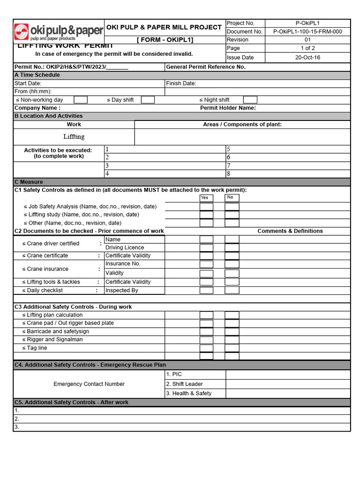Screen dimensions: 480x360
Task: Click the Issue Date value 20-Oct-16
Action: pos(307,58)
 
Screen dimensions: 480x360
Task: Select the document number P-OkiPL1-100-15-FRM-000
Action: pos(307,32)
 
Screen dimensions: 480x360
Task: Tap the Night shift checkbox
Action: pos(250,100)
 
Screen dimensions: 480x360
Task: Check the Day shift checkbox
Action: pos(148,100)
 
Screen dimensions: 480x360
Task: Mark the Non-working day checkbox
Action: pos(81,100)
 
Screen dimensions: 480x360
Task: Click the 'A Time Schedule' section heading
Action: pos(37,75)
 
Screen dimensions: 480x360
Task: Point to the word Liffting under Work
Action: pos(74,137)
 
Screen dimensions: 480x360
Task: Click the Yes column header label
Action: pos(204,198)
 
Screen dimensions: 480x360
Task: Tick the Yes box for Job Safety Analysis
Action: pos(206,207)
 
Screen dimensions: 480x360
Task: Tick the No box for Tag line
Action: pos(232,348)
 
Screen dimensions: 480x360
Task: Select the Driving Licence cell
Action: pos(125,247)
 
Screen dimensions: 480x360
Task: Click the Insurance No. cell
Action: pos(123,264)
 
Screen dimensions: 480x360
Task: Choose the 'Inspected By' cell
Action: pos(122,291)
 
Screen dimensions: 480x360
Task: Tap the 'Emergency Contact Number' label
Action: pos(89,384)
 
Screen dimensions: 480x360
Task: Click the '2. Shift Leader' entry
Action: pos(185,384)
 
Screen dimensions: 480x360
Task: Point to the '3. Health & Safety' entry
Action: pos(189,393)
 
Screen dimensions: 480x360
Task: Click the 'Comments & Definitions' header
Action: pos(290,231)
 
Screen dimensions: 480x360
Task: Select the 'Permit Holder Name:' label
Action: pos(228,108)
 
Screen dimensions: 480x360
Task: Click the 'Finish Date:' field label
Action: pos(181,83)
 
